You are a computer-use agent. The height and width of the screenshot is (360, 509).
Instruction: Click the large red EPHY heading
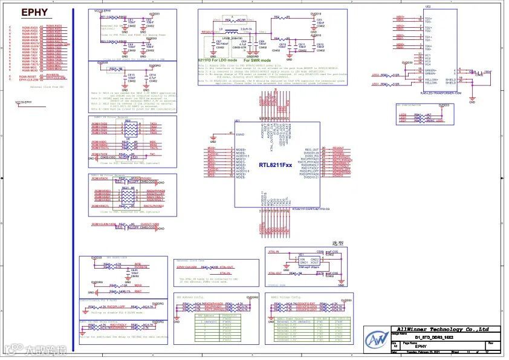point(34,12)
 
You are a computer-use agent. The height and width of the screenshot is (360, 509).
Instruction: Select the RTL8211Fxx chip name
point(276,165)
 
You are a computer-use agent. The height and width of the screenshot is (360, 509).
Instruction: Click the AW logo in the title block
point(378,339)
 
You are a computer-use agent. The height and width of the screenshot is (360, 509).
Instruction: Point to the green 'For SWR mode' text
point(258,61)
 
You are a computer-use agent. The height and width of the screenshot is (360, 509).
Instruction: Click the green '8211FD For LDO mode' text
point(217,61)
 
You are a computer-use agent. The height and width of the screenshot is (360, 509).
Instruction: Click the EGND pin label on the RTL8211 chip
point(239,134)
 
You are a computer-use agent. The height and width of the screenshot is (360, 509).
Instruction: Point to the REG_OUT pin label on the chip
point(311,149)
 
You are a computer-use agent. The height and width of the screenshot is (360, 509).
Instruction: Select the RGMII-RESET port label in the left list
point(28,76)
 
